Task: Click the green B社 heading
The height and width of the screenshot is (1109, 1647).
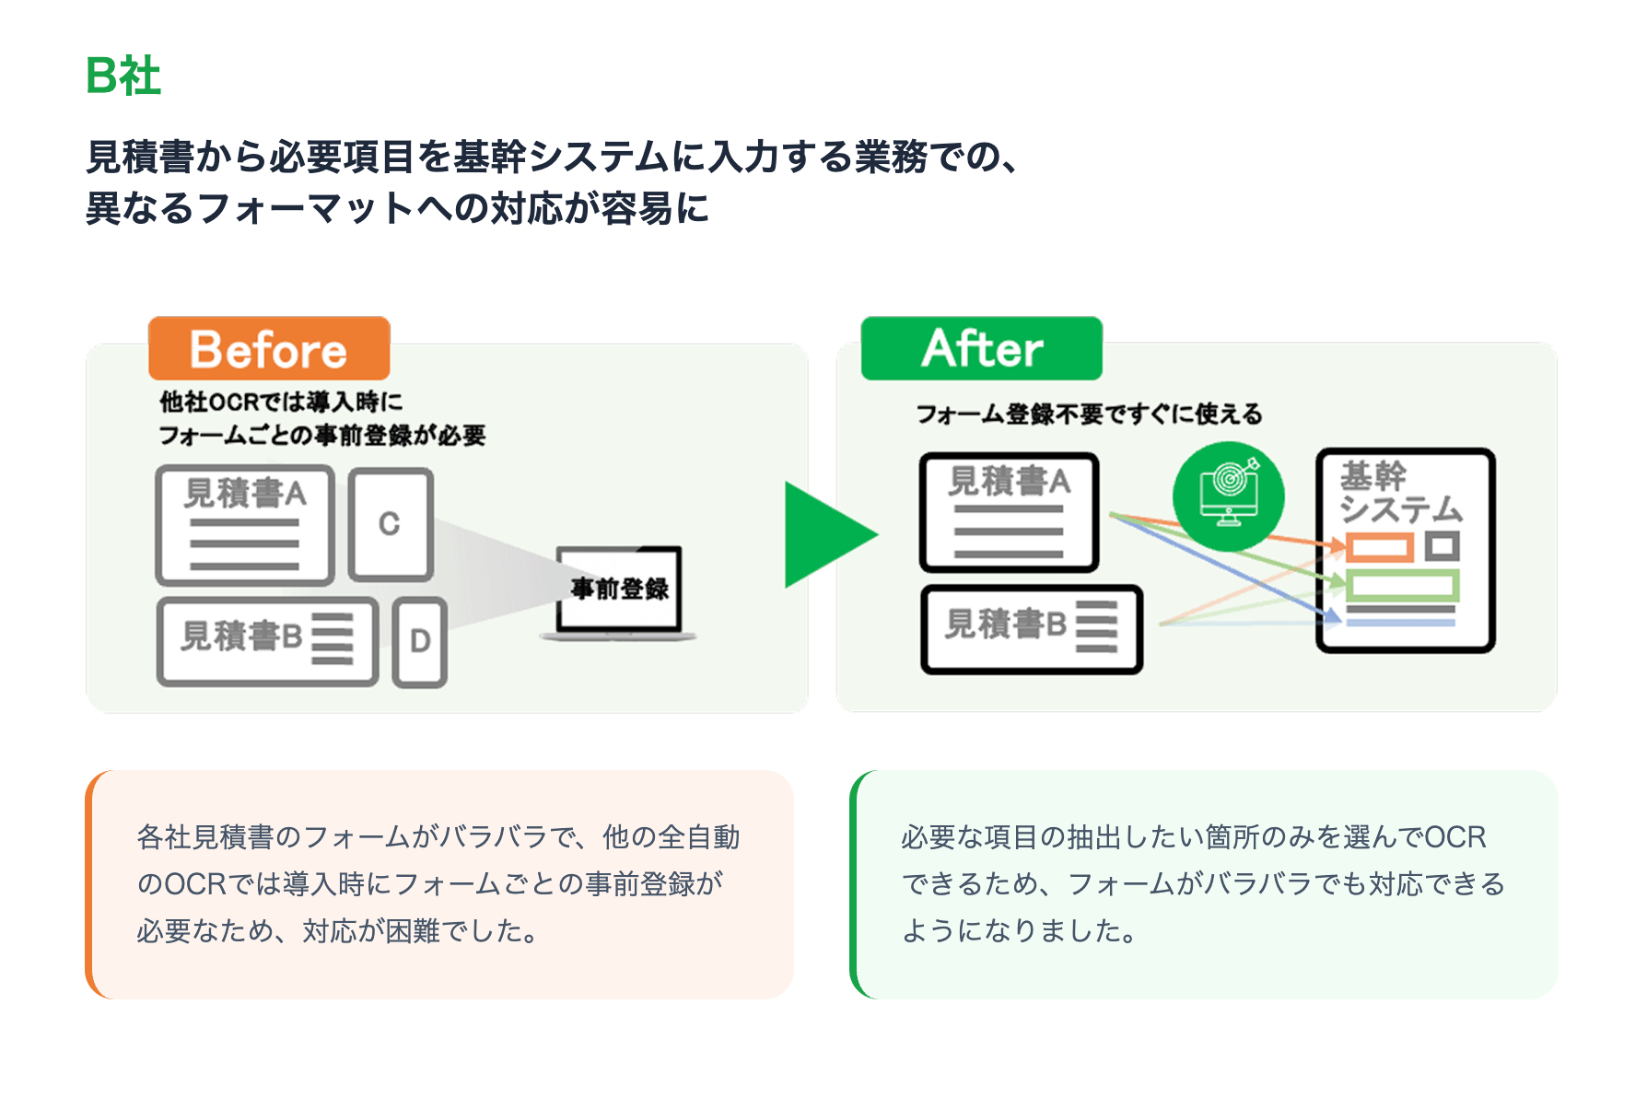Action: [x=123, y=76]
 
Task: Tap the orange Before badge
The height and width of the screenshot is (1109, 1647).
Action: [x=269, y=349]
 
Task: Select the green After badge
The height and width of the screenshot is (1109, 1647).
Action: [x=982, y=348]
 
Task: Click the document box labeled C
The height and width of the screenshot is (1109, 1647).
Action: [x=391, y=524]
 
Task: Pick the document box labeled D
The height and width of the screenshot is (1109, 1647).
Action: [x=420, y=641]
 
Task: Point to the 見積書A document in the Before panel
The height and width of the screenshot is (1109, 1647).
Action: [x=245, y=525]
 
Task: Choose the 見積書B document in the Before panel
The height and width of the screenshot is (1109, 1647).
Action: [x=267, y=641]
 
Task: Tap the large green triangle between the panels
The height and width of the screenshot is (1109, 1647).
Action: [x=825, y=534]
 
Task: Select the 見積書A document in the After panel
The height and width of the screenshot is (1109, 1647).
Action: [x=1010, y=512]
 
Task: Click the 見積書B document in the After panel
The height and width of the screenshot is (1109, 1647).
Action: [x=1032, y=629]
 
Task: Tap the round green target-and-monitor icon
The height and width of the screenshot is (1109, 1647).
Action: [x=1228, y=497]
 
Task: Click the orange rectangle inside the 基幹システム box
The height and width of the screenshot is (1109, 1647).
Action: [x=1379, y=548]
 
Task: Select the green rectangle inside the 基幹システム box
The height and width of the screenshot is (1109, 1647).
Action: [x=1402, y=585]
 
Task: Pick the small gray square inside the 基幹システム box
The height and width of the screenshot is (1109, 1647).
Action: [x=1443, y=546]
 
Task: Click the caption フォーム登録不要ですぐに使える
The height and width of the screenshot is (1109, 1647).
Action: [x=1089, y=414]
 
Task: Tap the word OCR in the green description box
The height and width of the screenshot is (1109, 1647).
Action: [x=1455, y=837]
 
